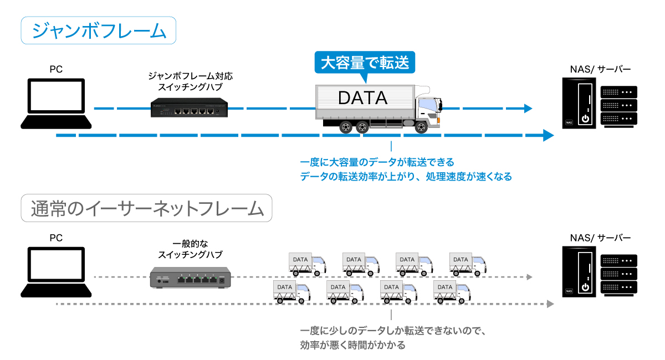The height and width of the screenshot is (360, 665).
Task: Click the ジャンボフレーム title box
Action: point(98,30)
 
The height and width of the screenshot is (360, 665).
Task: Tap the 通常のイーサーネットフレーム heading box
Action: point(146,208)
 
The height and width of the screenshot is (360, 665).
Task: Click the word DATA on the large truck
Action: point(362,97)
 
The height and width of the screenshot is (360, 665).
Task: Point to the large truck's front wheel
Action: point(421,127)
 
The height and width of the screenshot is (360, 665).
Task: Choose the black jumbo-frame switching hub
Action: point(189,107)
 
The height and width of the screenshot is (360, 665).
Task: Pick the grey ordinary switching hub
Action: point(190,277)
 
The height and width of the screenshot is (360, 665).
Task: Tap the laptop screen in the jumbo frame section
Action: point(56,96)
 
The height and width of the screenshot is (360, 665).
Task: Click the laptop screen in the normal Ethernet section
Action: point(56,264)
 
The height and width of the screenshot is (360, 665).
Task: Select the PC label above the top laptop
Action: point(56,69)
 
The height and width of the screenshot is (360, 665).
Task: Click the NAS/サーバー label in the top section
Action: point(600,69)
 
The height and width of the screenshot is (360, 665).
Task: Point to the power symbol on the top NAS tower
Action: point(585,119)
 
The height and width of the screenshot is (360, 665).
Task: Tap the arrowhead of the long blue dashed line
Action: point(549,135)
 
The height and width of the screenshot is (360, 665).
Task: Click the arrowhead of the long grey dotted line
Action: point(550,304)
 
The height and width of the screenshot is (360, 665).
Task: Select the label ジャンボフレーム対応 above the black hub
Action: point(190,76)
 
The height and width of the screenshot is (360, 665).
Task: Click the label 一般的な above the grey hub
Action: point(190,244)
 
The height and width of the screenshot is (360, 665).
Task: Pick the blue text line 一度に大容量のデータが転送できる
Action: point(377,162)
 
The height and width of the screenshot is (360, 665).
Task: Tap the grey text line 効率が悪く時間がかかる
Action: point(352,345)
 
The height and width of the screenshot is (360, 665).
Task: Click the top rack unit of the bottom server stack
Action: point(618,260)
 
